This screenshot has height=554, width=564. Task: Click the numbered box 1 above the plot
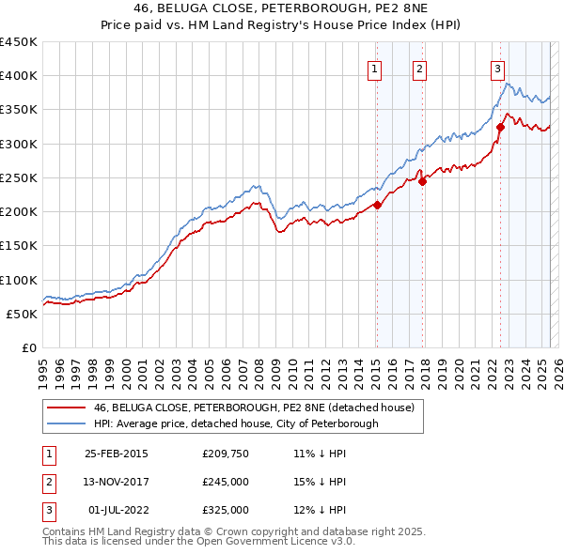click(x=375, y=68)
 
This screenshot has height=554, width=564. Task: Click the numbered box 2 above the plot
click(x=419, y=68)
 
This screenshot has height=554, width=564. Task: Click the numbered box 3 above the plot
click(x=496, y=68)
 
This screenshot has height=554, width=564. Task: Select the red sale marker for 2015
click(x=377, y=205)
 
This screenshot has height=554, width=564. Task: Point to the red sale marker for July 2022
click(x=500, y=127)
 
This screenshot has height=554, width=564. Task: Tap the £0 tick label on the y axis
click(x=28, y=347)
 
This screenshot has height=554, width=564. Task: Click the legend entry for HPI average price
click(x=235, y=423)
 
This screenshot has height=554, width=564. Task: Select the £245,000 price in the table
click(x=225, y=482)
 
